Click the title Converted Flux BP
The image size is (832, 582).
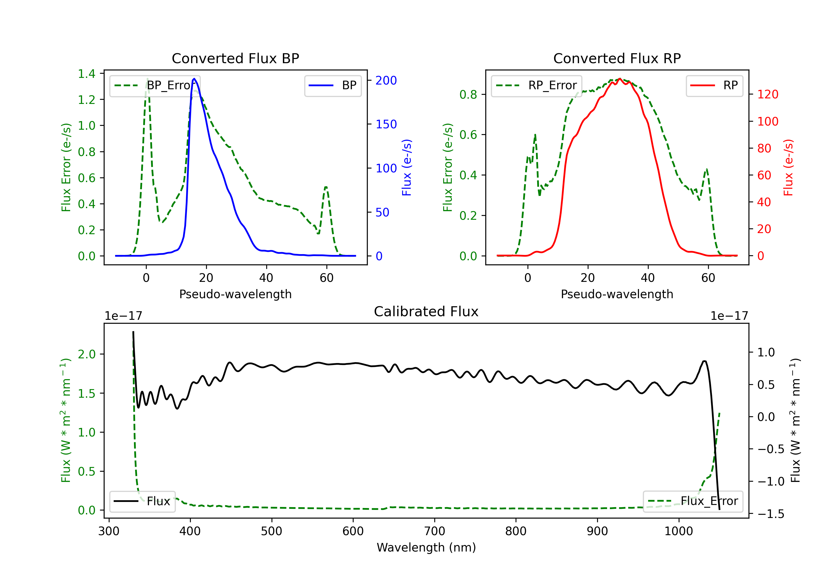[235, 58]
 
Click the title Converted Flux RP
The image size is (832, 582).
[617, 58]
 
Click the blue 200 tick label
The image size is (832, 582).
[386, 80]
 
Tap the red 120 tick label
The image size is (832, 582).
[767, 95]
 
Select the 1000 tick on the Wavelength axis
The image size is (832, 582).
[678, 531]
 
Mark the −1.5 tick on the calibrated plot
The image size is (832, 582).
[770, 514]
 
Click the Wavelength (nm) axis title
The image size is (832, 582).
[426, 548]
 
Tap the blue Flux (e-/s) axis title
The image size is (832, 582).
[407, 167]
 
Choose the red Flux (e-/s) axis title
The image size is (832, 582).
[788, 167]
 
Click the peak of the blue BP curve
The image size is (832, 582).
[194, 79]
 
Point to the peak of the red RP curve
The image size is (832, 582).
[620, 79]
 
